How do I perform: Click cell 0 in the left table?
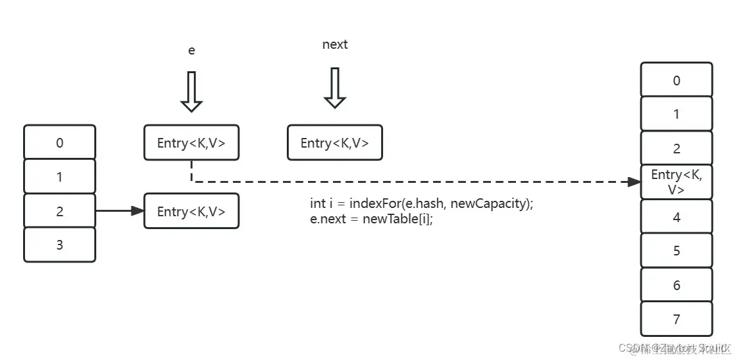coord(60,142)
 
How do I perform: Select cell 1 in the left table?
coord(60,176)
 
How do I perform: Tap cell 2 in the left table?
coord(60,211)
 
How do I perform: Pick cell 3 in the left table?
coord(60,244)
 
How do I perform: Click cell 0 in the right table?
coord(676,80)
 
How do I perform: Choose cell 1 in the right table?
coord(676,114)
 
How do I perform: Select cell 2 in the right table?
coord(676,148)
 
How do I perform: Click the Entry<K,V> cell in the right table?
coord(676,182)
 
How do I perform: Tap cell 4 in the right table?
coord(676,217)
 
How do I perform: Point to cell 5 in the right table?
coord(676,250)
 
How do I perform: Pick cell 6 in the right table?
coord(676,285)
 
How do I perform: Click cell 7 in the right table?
coord(676,319)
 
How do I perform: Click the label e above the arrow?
coord(191,50)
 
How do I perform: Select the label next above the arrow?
coord(334,44)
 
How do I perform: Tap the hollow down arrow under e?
coord(191,92)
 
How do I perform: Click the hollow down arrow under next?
coord(334,88)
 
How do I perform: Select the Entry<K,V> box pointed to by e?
coord(191,142)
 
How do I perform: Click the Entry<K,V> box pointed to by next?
coord(334,142)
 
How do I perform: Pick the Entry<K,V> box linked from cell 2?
coord(191,211)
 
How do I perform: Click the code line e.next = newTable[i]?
coord(367,219)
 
